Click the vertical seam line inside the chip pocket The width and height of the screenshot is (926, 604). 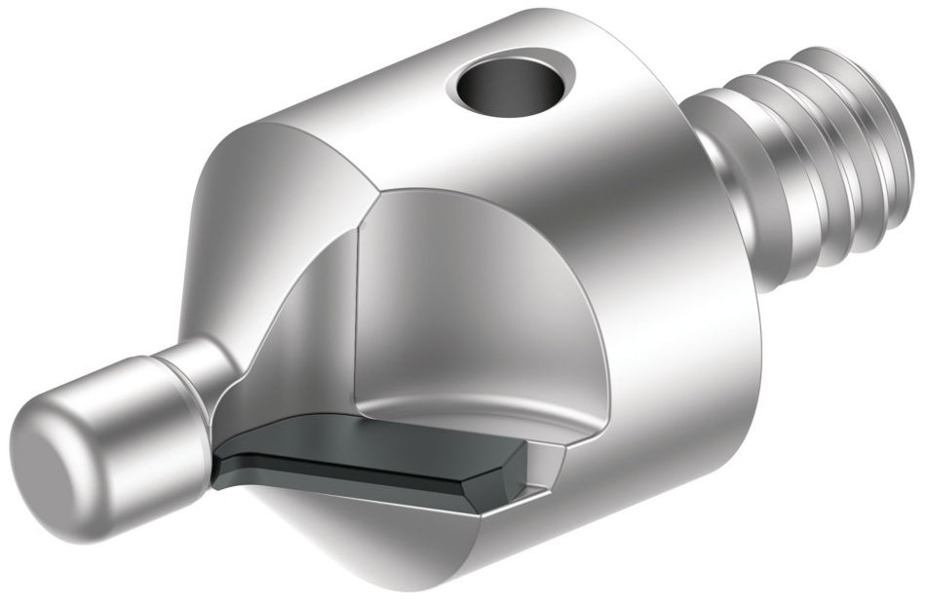coord(358,312)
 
